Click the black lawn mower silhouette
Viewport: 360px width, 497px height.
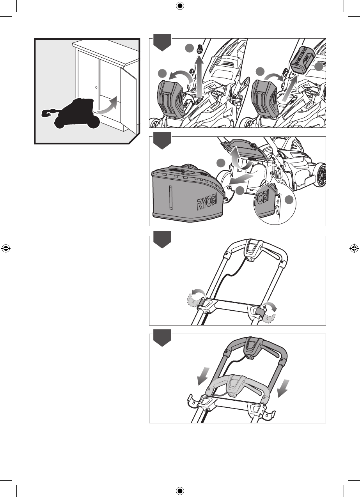coord(74,113)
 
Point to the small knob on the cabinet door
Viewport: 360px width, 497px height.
coord(96,87)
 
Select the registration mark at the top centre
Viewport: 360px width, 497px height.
coord(180,5)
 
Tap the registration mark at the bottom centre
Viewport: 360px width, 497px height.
coord(180,491)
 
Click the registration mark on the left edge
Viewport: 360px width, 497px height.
coord(5,248)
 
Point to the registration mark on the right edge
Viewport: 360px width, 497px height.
coord(354,248)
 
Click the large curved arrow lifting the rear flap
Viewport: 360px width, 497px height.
coord(236,156)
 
